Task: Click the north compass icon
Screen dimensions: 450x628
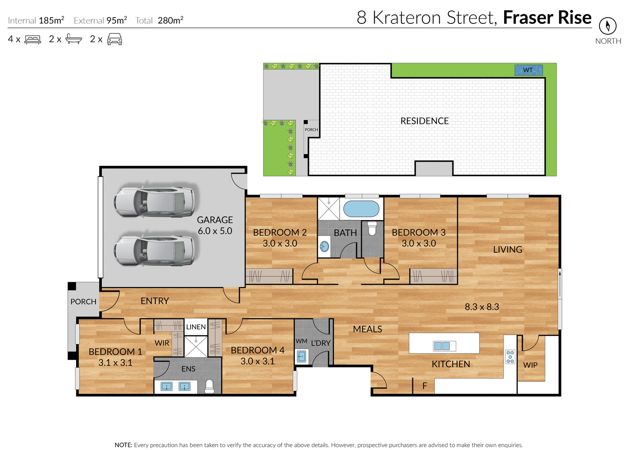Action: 607,26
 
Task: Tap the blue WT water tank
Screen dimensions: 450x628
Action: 528,70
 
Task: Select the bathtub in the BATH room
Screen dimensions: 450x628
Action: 361,209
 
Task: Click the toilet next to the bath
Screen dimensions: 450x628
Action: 372,229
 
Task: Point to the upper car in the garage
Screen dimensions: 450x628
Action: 154,202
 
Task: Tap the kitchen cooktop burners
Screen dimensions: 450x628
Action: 510,357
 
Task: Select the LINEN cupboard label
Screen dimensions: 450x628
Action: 196,327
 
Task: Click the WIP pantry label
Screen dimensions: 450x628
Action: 530,365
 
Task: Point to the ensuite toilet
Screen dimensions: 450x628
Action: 209,386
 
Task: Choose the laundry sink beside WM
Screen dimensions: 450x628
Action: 301,357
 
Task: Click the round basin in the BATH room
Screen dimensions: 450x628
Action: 325,246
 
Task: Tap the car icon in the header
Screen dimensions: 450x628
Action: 115,39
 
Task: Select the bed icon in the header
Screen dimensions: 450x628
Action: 33,39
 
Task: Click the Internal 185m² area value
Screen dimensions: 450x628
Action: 51,20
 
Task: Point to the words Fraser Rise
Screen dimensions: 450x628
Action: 547,18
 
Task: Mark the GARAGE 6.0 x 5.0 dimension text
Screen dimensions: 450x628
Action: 215,231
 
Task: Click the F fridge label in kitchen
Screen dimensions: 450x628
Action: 425,386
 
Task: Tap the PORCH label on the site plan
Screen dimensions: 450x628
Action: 311,130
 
